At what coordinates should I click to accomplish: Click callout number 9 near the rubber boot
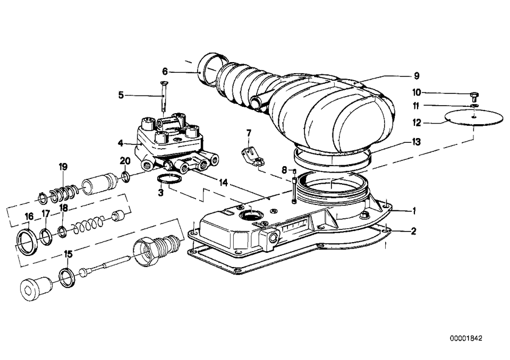416,75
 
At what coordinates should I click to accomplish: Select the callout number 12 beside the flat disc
416,123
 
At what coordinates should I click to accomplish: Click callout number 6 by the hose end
165,71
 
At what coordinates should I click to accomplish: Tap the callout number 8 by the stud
284,170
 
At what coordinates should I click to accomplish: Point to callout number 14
224,182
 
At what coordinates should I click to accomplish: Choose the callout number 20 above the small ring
125,161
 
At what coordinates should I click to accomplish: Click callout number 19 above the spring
63,167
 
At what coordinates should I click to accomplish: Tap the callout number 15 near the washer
68,254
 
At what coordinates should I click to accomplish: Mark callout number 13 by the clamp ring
416,142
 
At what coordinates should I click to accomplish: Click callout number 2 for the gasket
414,230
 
